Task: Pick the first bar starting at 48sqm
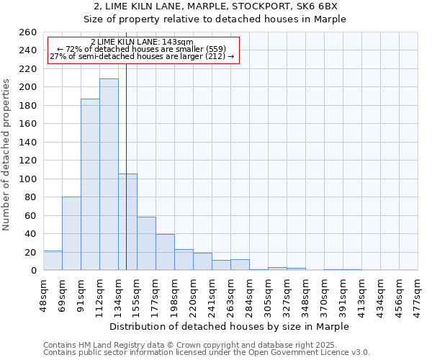(53, 261)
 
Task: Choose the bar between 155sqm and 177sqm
(146, 243)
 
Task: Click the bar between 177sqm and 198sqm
(165, 252)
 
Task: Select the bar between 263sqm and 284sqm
(240, 265)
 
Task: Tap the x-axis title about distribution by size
(230, 327)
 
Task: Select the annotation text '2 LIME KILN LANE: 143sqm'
(142, 42)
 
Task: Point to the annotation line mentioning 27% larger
(142, 56)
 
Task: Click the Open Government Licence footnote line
(207, 353)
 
